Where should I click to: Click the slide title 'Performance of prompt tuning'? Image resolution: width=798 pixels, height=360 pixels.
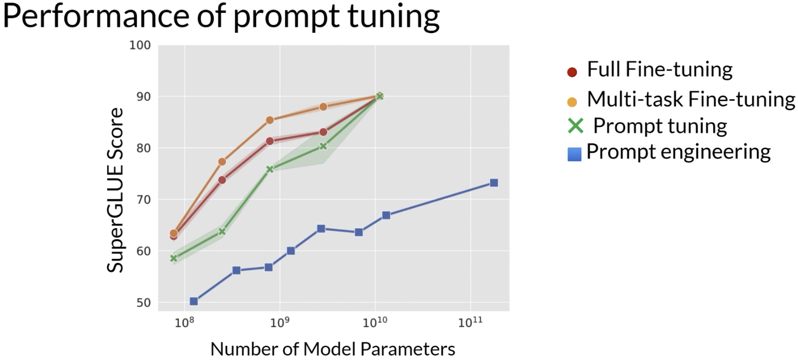coord(221,17)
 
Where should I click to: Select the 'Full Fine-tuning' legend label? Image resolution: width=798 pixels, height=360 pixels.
coord(660,69)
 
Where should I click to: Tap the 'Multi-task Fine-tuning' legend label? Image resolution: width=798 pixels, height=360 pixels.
coord(691,99)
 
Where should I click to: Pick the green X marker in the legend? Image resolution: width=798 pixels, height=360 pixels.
coord(575,126)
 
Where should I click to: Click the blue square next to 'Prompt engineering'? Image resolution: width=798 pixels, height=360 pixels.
coord(574,155)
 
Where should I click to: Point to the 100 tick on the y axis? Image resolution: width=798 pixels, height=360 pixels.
coord(140,45)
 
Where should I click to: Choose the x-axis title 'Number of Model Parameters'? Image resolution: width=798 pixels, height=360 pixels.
coord(333,349)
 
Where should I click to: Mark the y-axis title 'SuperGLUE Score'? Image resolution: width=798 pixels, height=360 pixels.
coord(115,190)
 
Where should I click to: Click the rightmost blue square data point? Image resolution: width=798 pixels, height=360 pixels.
coord(493,183)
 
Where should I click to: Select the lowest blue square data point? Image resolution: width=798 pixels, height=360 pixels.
coord(194,301)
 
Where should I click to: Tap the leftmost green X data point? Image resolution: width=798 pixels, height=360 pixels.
coord(174,258)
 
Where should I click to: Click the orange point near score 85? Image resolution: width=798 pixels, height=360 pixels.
coord(270,120)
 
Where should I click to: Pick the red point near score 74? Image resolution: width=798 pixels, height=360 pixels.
coord(222,180)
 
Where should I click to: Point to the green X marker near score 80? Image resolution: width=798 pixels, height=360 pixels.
coord(323,146)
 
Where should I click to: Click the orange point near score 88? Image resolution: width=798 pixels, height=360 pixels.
coord(323,107)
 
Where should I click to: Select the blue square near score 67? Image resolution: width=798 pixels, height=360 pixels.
coord(386,215)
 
